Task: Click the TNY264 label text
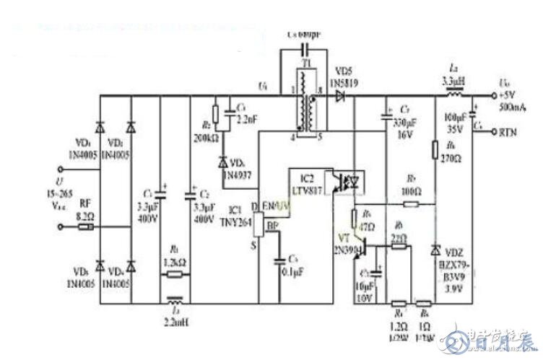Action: pos(236,222)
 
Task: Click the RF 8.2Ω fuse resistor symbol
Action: pos(85,227)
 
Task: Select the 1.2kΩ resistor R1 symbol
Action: pos(174,274)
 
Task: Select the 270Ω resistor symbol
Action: pos(435,150)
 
